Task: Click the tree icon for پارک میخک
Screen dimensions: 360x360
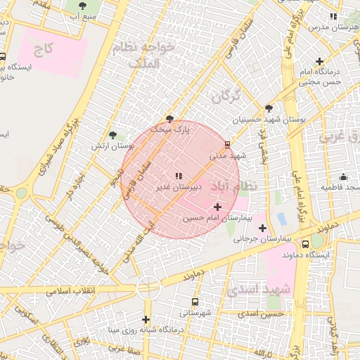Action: pyautogui.click(x=169, y=118)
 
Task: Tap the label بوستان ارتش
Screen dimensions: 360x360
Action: pyautogui.click(x=112, y=146)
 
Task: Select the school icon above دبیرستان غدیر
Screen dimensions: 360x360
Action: pyautogui.click(x=178, y=175)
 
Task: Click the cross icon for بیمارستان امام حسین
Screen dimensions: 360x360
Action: pyautogui.click(x=217, y=207)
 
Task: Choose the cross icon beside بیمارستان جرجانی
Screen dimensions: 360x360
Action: pyautogui.click(x=262, y=228)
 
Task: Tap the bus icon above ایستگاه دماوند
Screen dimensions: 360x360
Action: pyautogui.click(x=305, y=243)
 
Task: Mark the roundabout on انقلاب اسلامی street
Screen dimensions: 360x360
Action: pyautogui.click(x=148, y=285)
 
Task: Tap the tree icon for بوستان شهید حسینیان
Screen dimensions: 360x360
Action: pyautogui.click(x=269, y=108)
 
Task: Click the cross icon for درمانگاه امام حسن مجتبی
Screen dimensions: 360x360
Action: pyautogui.click(x=321, y=61)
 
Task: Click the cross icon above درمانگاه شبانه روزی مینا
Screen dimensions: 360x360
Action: pyautogui.click(x=146, y=319)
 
